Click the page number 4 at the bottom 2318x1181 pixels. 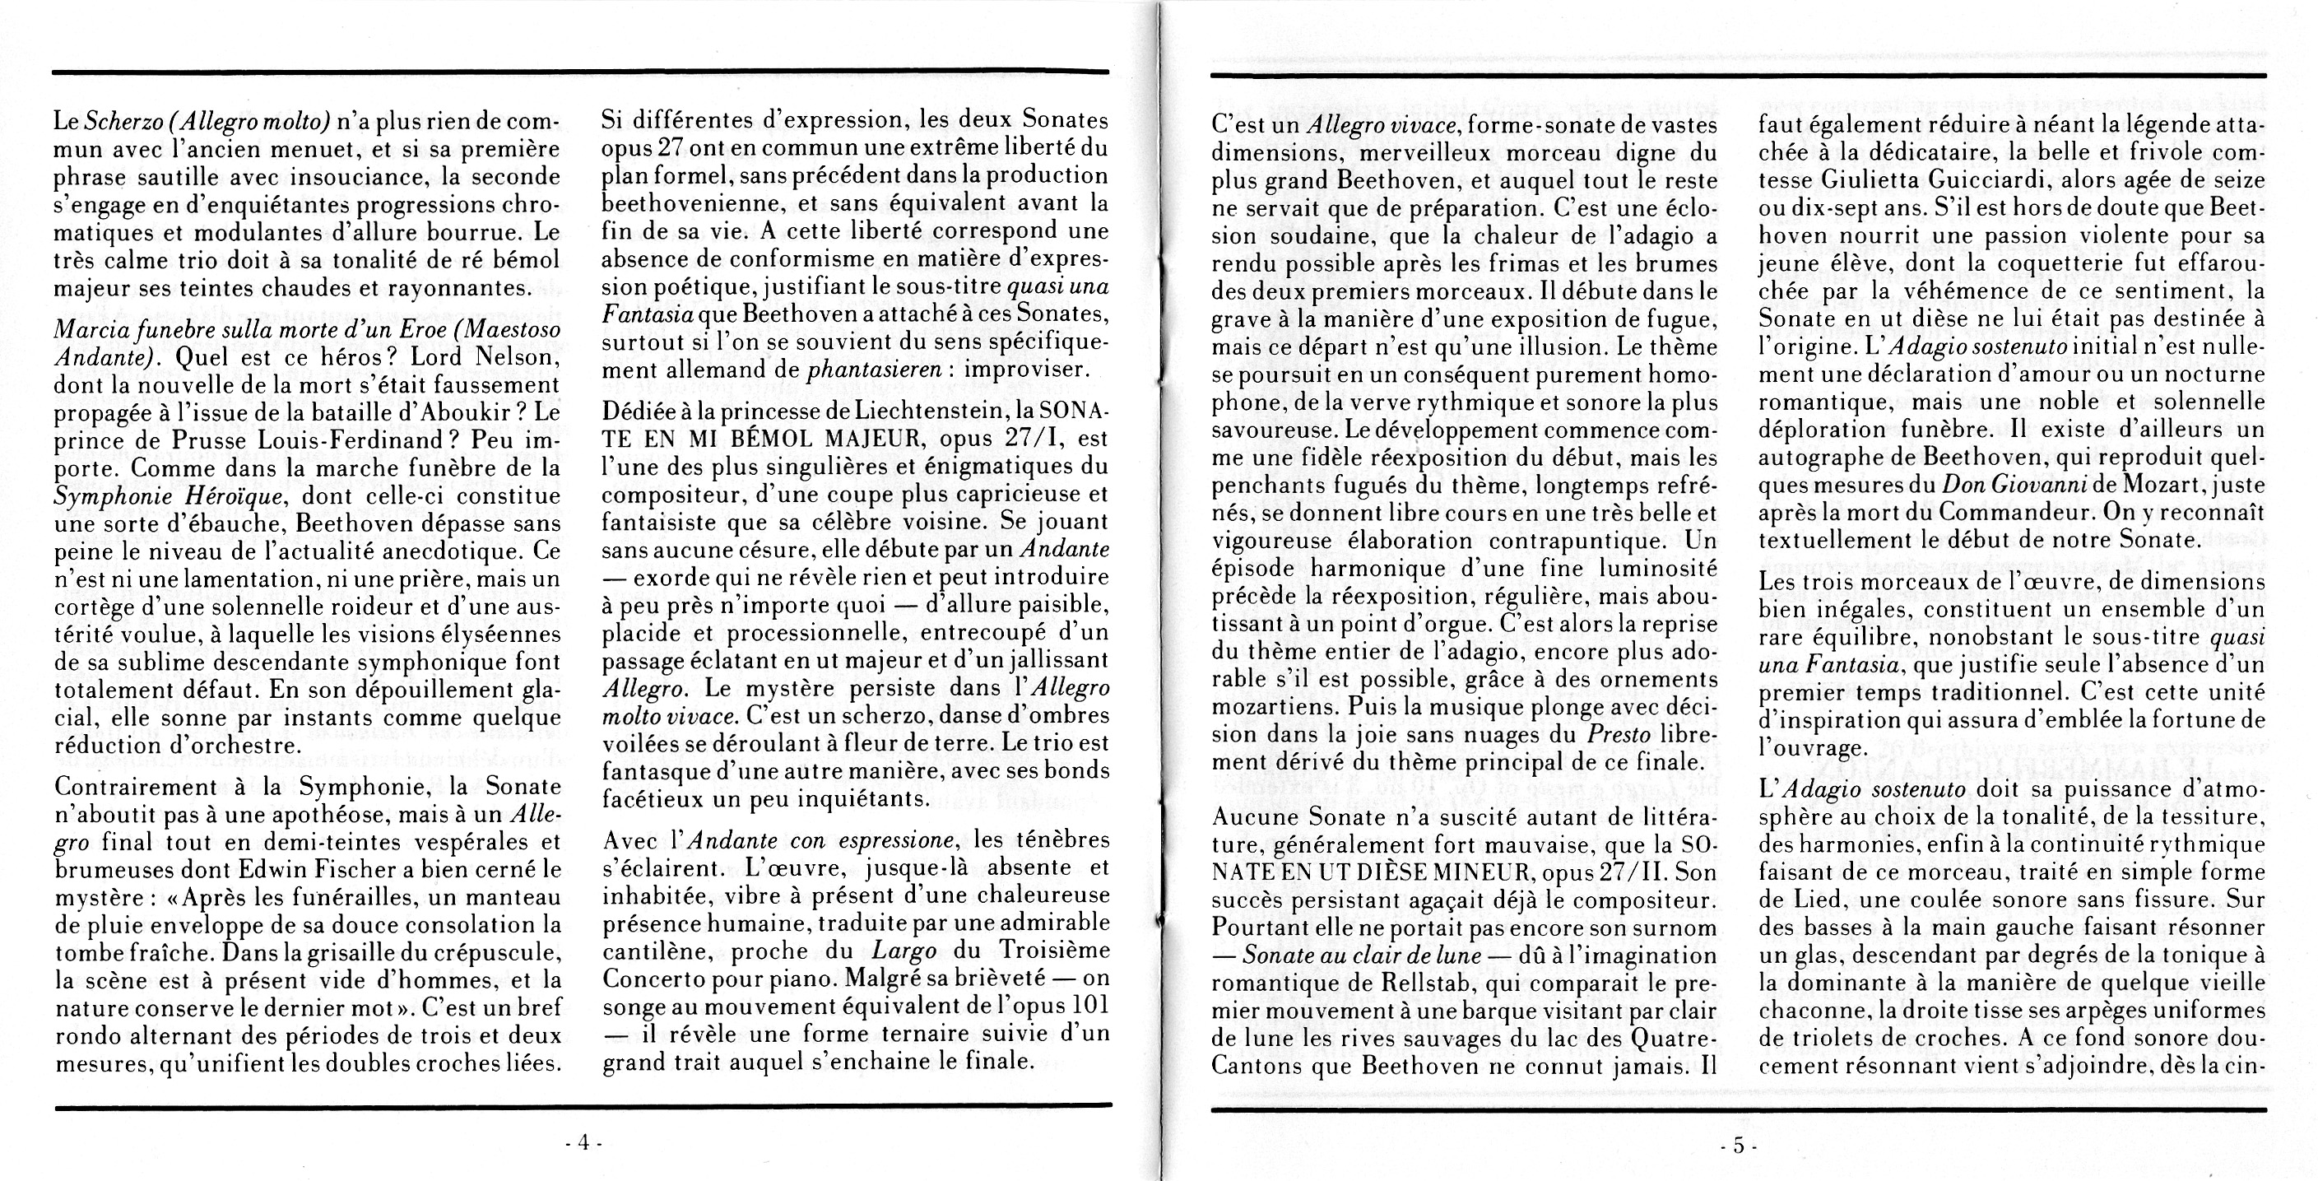point(583,1143)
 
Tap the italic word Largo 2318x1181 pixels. point(907,951)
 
